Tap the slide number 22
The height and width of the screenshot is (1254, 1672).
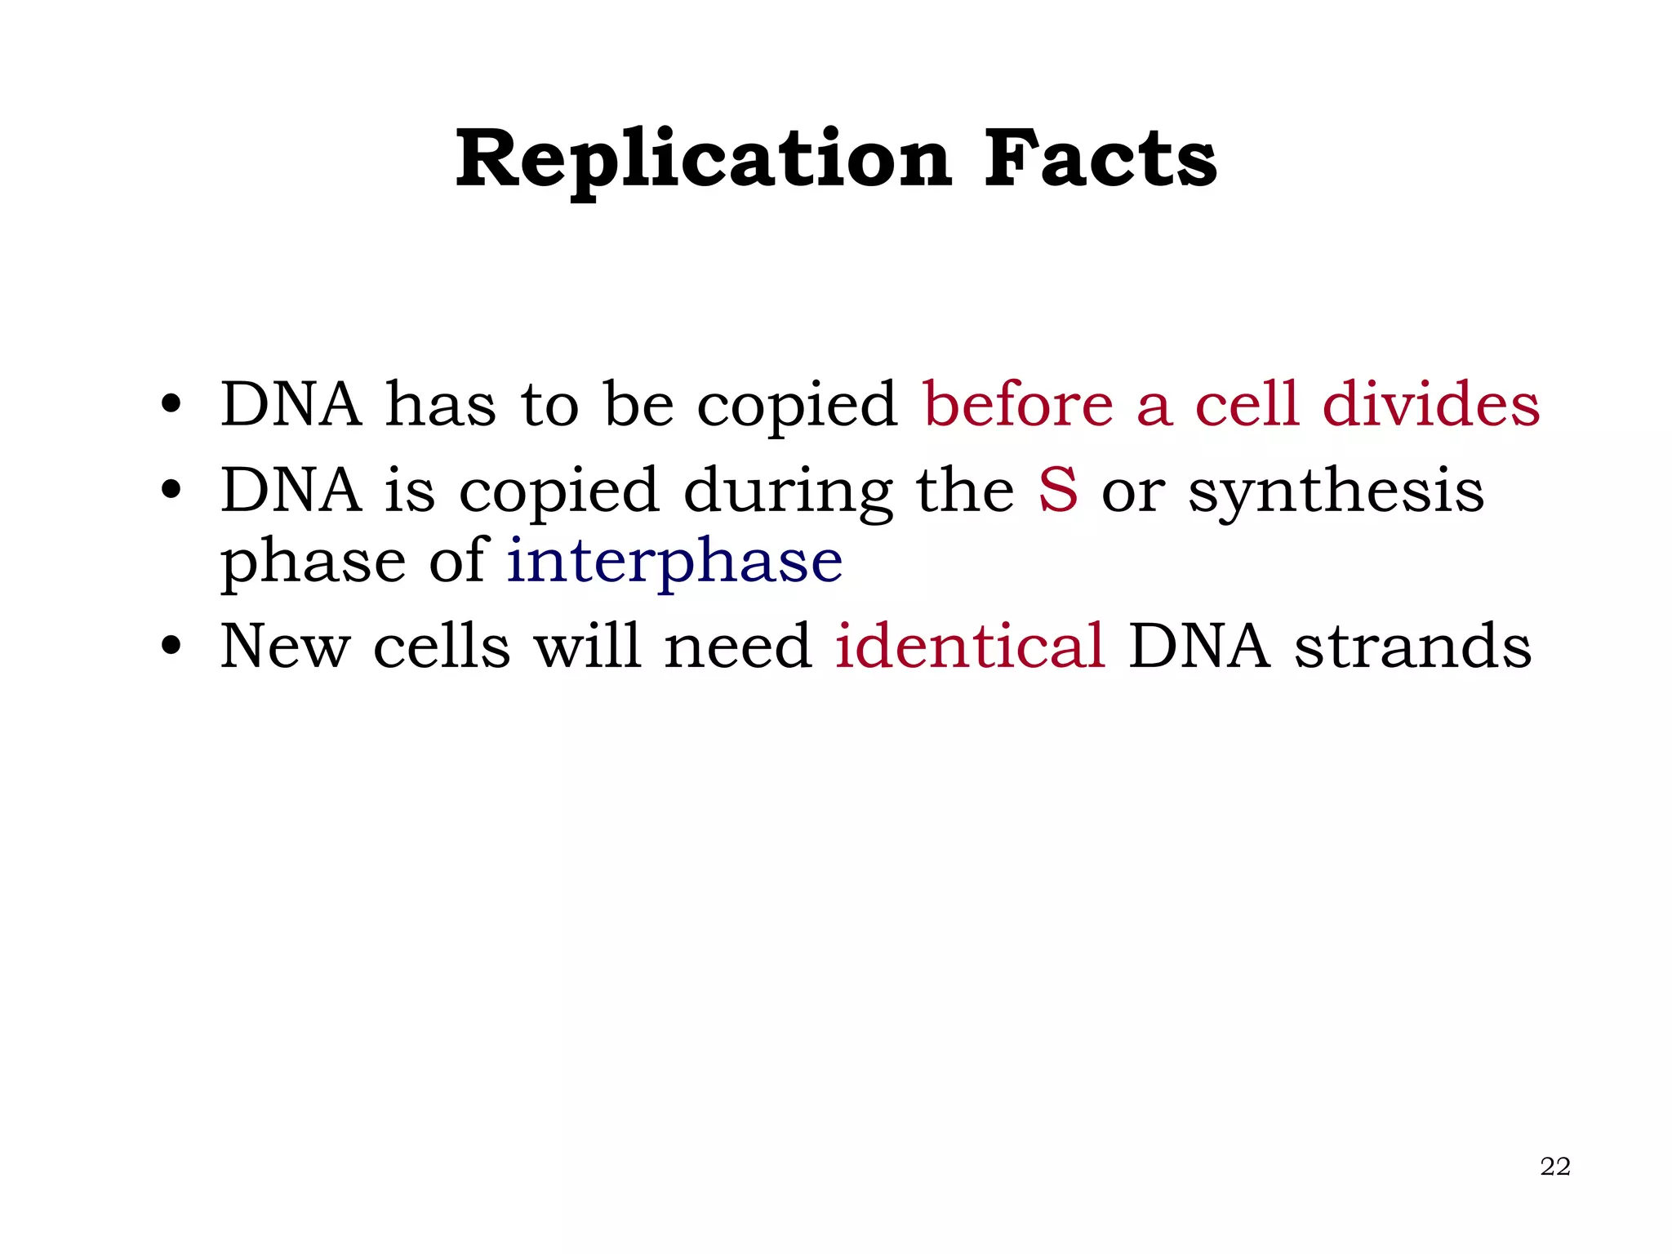(x=1554, y=1167)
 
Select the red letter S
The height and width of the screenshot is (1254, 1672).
(x=1057, y=490)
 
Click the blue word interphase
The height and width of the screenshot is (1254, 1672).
(x=674, y=561)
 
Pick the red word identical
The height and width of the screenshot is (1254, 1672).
(x=970, y=646)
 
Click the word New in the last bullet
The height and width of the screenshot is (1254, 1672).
(x=284, y=646)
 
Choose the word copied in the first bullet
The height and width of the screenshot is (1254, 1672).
(x=796, y=407)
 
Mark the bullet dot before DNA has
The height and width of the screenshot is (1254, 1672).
(x=171, y=404)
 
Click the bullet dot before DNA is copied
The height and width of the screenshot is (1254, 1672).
(x=171, y=491)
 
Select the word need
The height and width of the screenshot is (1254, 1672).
(x=737, y=646)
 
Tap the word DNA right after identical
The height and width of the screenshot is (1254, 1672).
(x=1198, y=646)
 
